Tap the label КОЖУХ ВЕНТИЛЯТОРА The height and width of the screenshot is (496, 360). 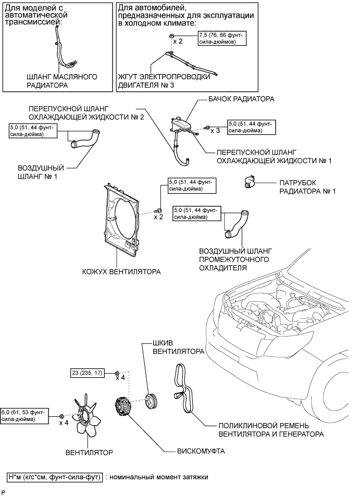coord(121,271)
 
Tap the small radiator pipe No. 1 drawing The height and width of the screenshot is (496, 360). coord(250,182)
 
